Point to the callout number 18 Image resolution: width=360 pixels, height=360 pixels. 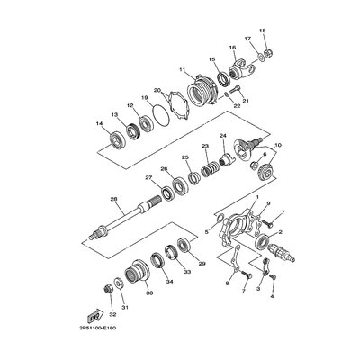click(x=262, y=31)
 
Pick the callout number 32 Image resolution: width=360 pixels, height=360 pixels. click(x=112, y=316)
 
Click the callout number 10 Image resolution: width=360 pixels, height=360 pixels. click(x=278, y=145)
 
